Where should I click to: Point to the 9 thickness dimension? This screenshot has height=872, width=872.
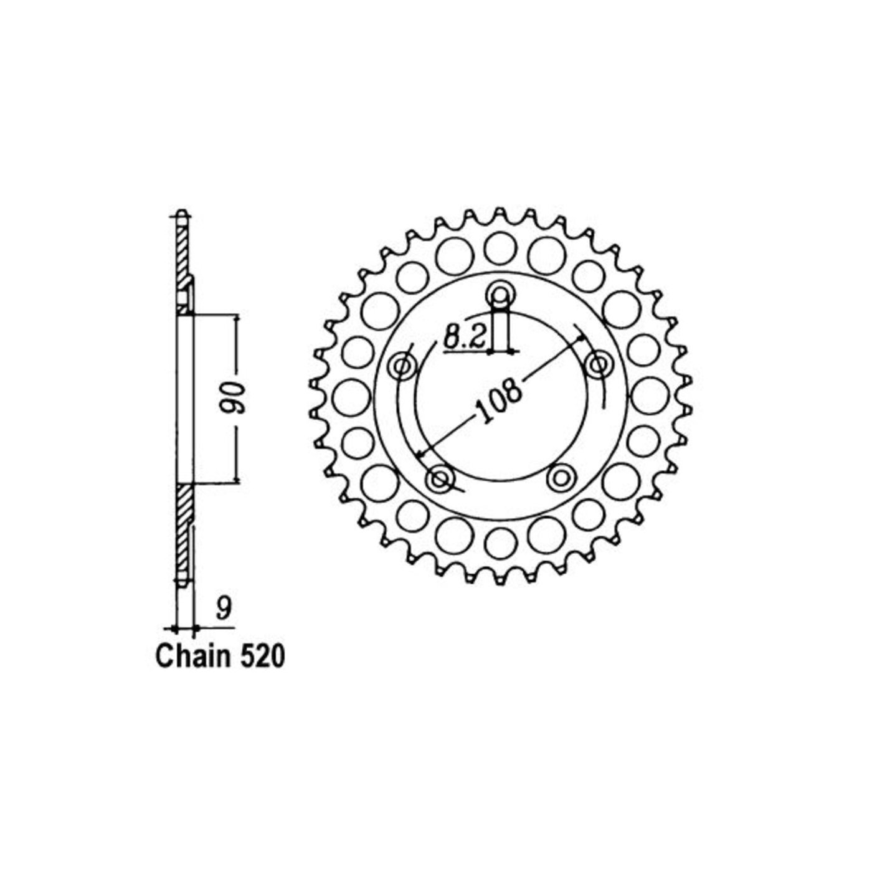tap(222, 610)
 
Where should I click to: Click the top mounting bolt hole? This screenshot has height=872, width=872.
tap(500, 296)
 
